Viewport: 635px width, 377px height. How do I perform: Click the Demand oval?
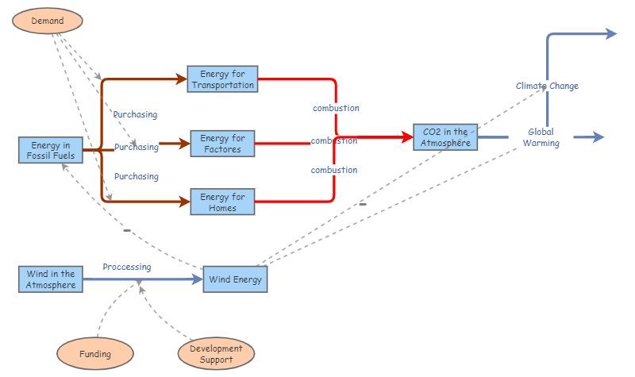pyautogui.click(x=47, y=20)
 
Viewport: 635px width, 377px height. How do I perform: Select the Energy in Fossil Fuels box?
pyautogui.click(x=51, y=150)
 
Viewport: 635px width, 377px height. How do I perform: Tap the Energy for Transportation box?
pyautogui.click(x=222, y=79)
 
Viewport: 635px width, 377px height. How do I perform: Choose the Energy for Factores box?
pyautogui.click(x=222, y=144)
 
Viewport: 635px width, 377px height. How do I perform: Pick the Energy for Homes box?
pyautogui.click(x=222, y=202)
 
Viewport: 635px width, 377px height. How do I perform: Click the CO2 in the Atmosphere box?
pyautogui.click(x=445, y=137)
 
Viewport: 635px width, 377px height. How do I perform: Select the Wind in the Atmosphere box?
pyautogui.click(x=51, y=279)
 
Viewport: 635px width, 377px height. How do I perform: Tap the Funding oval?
pyautogui.click(x=95, y=353)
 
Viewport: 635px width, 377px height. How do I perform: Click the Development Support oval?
pyautogui.click(x=217, y=354)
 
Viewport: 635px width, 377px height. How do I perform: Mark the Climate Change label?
pyautogui.click(x=547, y=86)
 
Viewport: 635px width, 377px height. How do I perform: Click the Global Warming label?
pyautogui.click(x=541, y=137)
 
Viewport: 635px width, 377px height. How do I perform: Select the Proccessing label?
pyautogui.click(x=126, y=267)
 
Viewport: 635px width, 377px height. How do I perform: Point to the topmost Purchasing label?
pyautogui.click(x=135, y=114)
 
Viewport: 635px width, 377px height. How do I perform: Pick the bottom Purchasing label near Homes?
pyautogui.click(x=136, y=176)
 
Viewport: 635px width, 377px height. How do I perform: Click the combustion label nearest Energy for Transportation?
pyautogui.click(x=335, y=108)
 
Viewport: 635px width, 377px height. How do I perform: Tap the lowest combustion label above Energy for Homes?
pyautogui.click(x=333, y=170)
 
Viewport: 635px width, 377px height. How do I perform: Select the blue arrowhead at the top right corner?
pyautogui.click(x=611, y=33)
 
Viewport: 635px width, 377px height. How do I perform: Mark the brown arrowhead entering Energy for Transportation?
pyautogui.click(x=181, y=79)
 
